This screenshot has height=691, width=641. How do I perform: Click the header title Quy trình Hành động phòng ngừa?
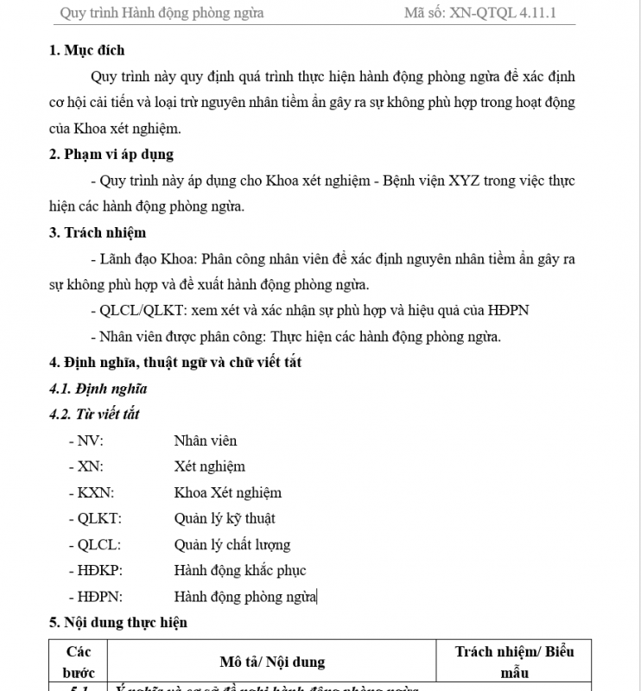coord(162,13)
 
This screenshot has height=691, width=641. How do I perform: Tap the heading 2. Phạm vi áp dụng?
coord(111,154)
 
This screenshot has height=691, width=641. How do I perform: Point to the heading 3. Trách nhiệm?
coord(98,231)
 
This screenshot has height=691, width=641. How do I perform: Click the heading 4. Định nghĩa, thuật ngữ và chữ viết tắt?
coord(175,362)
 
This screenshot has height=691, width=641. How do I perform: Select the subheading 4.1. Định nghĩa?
coord(98,388)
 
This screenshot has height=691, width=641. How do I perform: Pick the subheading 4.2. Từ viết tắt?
coord(95,414)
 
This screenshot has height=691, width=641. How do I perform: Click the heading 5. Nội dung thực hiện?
coord(118,622)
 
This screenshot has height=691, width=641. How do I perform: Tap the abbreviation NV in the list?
coord(90,441)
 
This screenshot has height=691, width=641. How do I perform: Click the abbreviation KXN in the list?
coord(95,492)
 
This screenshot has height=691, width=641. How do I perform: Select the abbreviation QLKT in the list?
coord(99,518)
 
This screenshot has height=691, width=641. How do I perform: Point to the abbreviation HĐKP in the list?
coord(100,570)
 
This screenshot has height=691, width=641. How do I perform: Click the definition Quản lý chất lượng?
coord(232,544)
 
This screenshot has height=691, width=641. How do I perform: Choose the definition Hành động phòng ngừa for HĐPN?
coord(245,596)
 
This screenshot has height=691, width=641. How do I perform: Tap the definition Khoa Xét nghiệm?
coord(227,492)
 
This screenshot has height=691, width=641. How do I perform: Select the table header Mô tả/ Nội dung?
coord(272,662)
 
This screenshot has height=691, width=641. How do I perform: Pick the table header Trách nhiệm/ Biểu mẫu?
coord(514,661)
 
